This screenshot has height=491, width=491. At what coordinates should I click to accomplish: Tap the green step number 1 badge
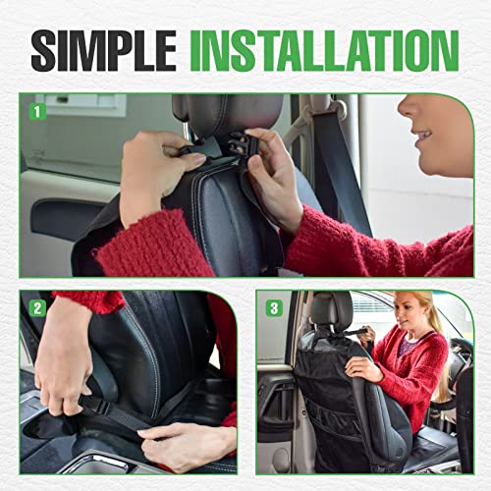click(x=37, y=111)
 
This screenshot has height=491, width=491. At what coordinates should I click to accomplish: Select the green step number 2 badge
click(x=37, y=307)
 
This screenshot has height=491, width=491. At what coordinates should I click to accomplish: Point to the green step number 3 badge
click(x=273, y=307)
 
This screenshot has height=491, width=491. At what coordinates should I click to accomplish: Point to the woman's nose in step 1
click(x=406, y=111)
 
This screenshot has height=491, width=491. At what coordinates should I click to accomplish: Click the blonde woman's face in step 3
click(x=409, y=314)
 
